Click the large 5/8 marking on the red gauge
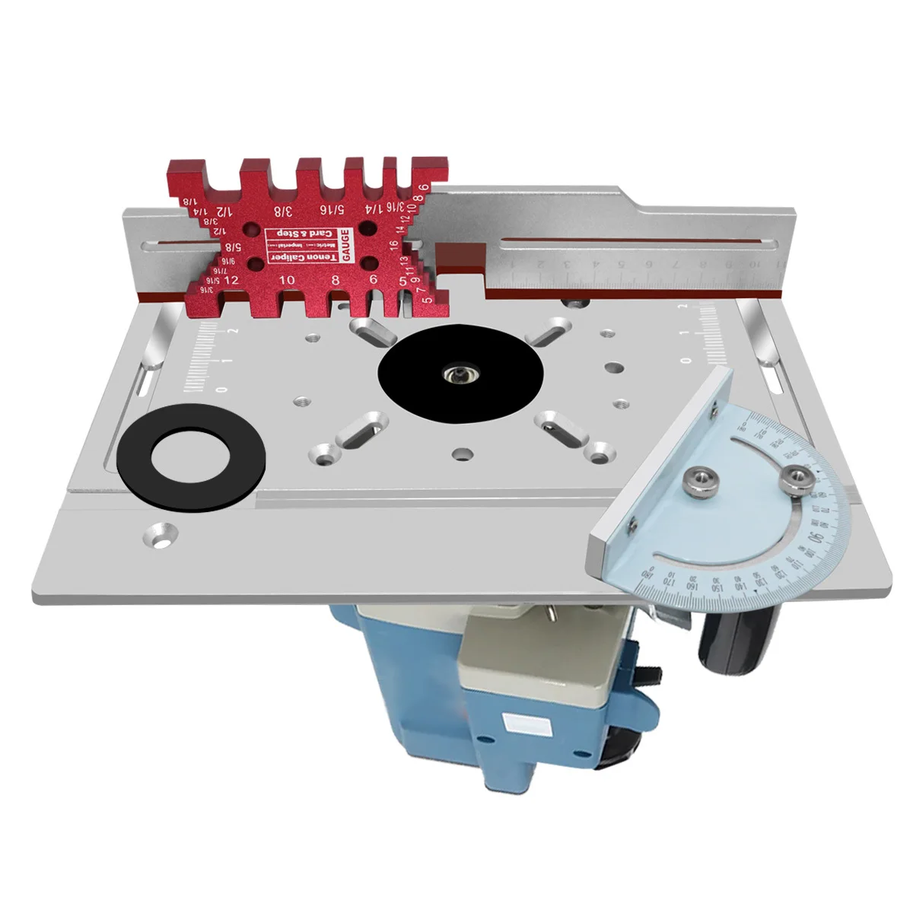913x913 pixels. pyautogui.click(x=234, y=247)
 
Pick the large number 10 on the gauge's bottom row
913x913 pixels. pyautogui.click(x=286, y=279)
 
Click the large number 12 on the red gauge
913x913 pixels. pyautogui.click(x=231, y=279)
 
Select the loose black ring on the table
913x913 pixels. pyautogui.click(x=191, y=462)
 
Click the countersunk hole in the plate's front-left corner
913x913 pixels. pyautogui.click(x=161, y=533)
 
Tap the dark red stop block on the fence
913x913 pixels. pyautogui.click(x=461, y=260)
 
